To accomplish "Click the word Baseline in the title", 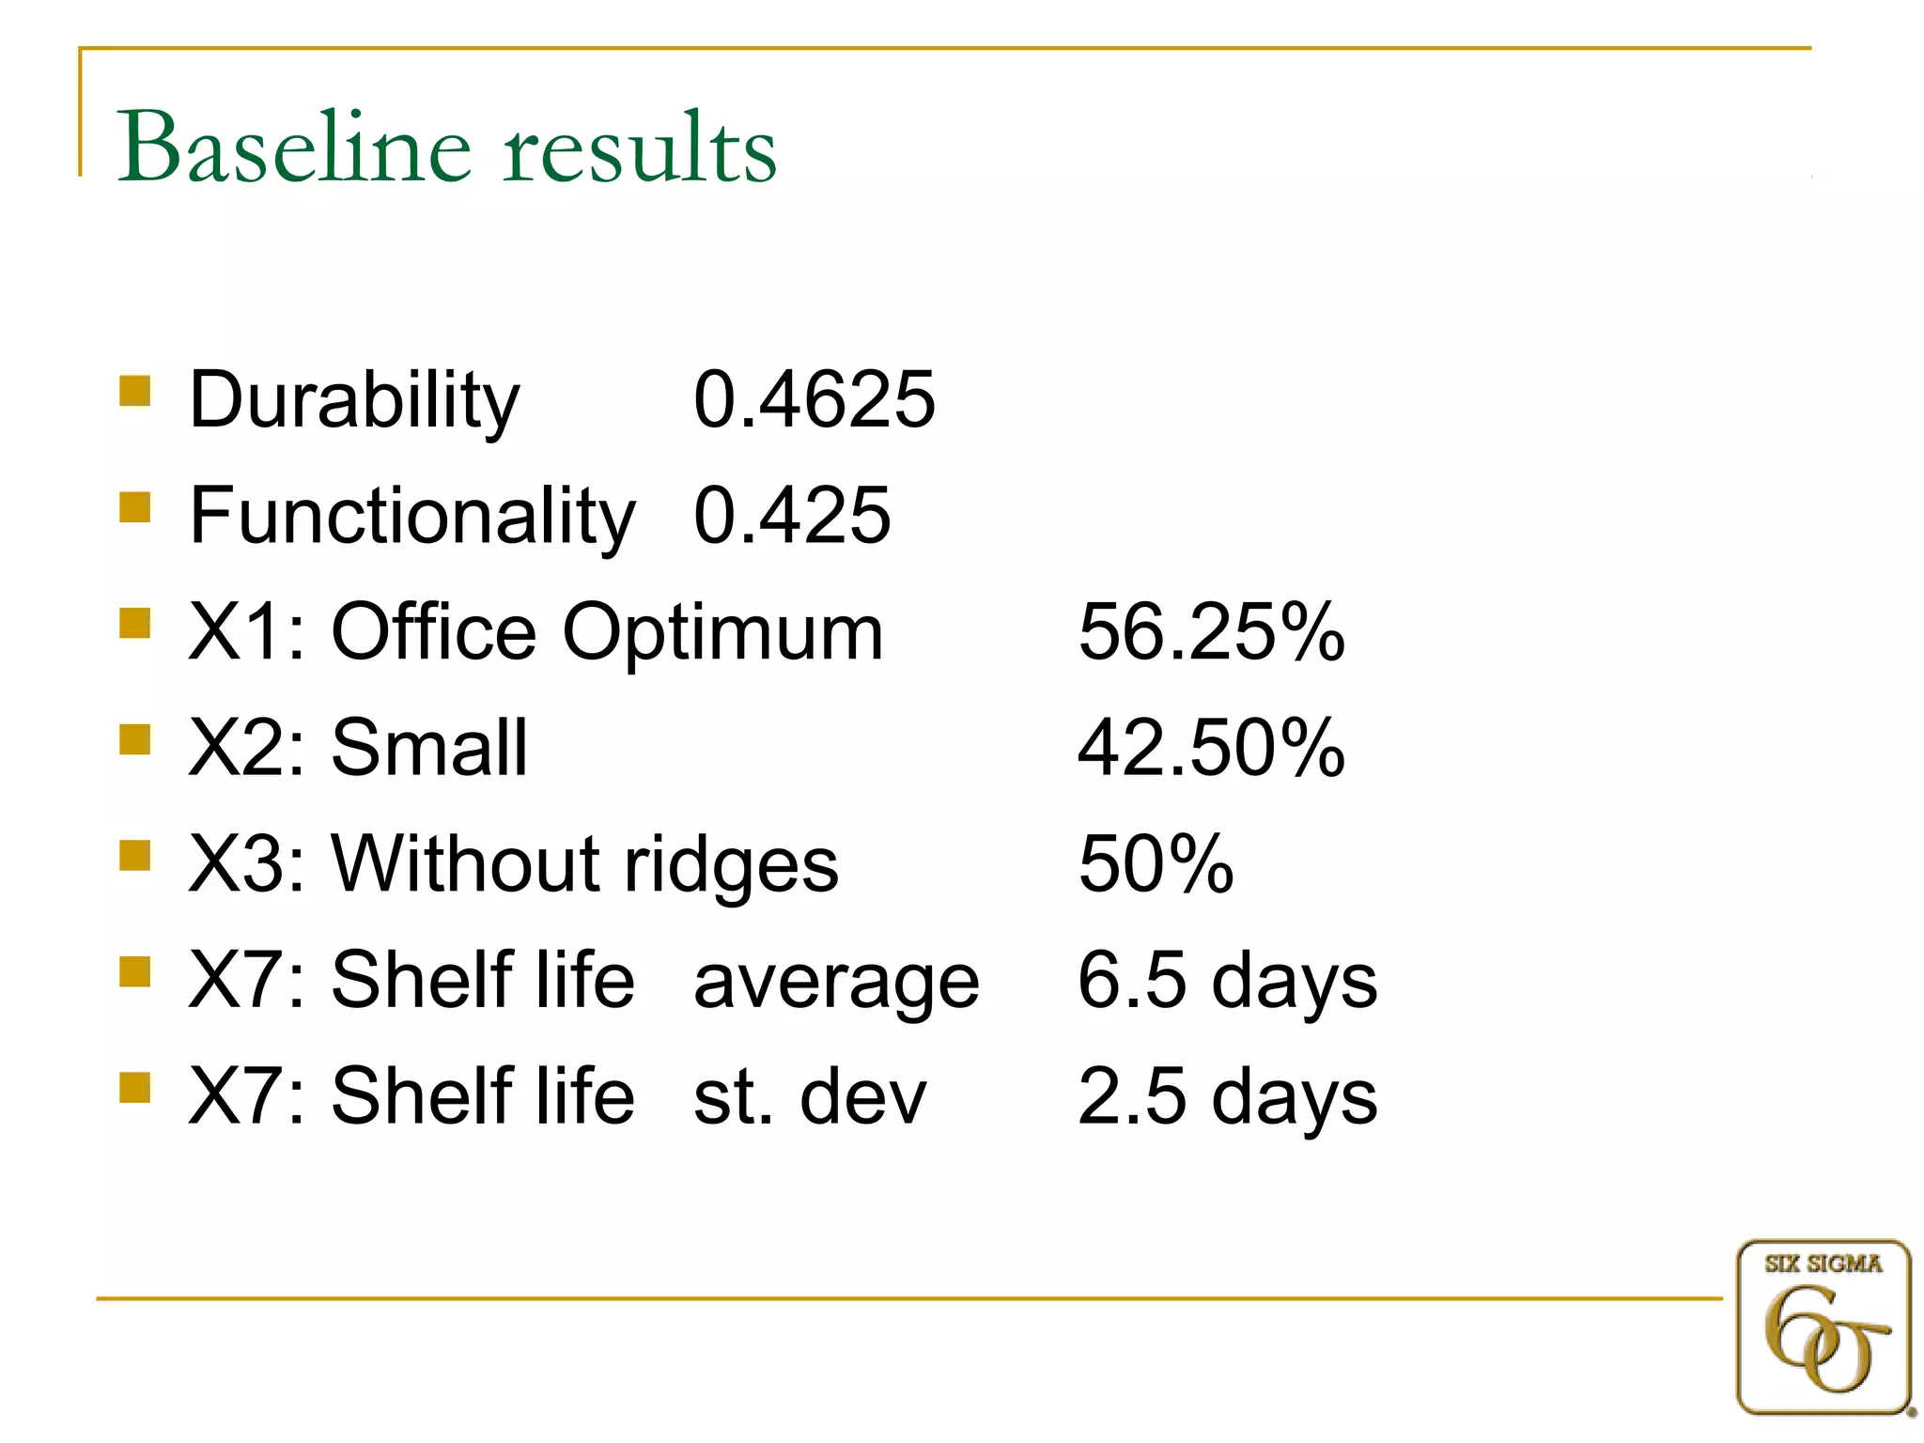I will tap(293, 147).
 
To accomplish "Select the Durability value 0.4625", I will tap(814, 399).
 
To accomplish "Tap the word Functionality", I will tap(412, 516).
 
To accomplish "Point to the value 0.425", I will tap(791, 516).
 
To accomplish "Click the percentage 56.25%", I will tap(1211, 631).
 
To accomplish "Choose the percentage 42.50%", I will tap(1211, 748).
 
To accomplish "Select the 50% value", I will tap(1156, 863).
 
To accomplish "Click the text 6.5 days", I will tap(1227, 980).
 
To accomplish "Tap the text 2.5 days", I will tap(1227, 1096).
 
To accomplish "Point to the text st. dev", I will tap(810, 1096).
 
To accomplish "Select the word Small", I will tap(429, 748).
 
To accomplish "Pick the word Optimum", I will tap(722, 633).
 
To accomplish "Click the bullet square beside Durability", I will tap(135, 390).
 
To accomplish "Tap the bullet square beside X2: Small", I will tap(135, 739).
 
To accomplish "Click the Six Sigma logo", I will tap(1823, 1327).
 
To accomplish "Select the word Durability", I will tap(354, 401).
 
